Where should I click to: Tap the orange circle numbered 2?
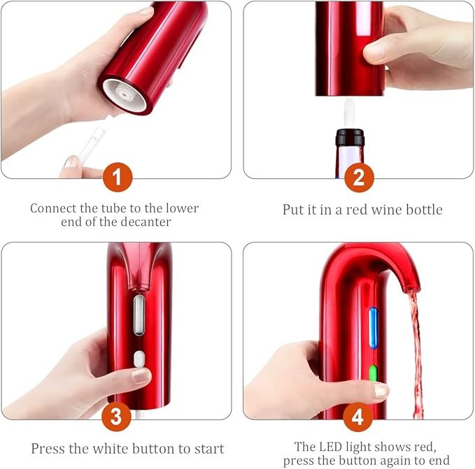click(358, 178)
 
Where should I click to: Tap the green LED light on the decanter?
click(374, 373)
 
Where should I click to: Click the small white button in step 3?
click(139, 359)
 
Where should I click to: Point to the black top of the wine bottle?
click(349, 136)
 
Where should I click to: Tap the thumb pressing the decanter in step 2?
click(378, 50)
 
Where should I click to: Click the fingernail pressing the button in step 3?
click(141, 376)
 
